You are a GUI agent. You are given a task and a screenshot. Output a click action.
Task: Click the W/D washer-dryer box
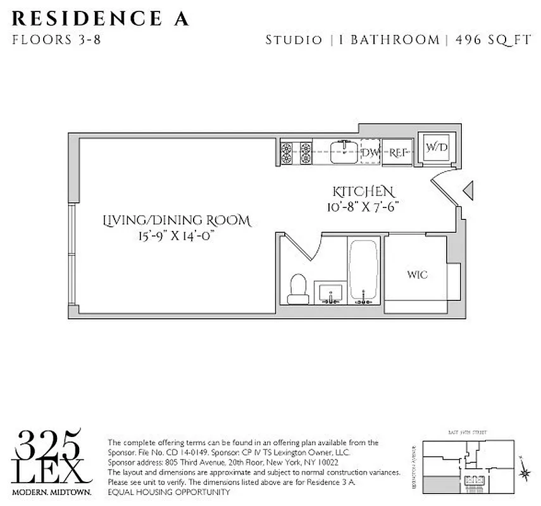tap(436, 148)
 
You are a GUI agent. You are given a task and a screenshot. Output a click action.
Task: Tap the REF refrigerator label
tap(397, 152)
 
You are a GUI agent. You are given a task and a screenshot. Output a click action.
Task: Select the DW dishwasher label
tap(370, 152)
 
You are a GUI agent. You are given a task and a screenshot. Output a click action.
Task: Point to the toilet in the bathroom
tap(297, 289)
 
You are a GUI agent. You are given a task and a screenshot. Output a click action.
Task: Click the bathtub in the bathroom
tap(363, 268)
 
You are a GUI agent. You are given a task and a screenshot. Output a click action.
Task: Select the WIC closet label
tap(417, 275)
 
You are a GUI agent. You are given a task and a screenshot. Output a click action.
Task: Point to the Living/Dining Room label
tap(177, 221)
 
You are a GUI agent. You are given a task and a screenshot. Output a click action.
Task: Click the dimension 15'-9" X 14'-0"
tap(177, 237)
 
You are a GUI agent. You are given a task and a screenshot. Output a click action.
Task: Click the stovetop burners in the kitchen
tap(296, 152)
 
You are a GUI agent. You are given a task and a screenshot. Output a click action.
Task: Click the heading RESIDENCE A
tap(100, 19)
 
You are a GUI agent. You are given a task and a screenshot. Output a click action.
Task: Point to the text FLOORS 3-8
tap(56, 40)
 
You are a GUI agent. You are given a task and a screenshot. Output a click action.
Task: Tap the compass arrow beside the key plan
tap(523, 472)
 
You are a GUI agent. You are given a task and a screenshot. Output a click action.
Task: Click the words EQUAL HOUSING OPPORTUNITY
tap(169, 491)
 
